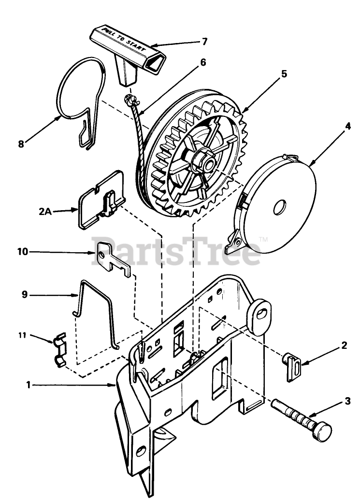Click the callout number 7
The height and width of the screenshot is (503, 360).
tap(204, 42)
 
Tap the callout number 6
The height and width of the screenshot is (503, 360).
tap(202, 62)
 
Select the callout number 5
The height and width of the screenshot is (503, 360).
tap(284, 74)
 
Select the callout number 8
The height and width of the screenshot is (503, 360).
tap(21, 144)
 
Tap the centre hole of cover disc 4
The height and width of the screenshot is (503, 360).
tap(279, 209)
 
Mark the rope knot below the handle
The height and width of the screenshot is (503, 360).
tap(130, 100)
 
